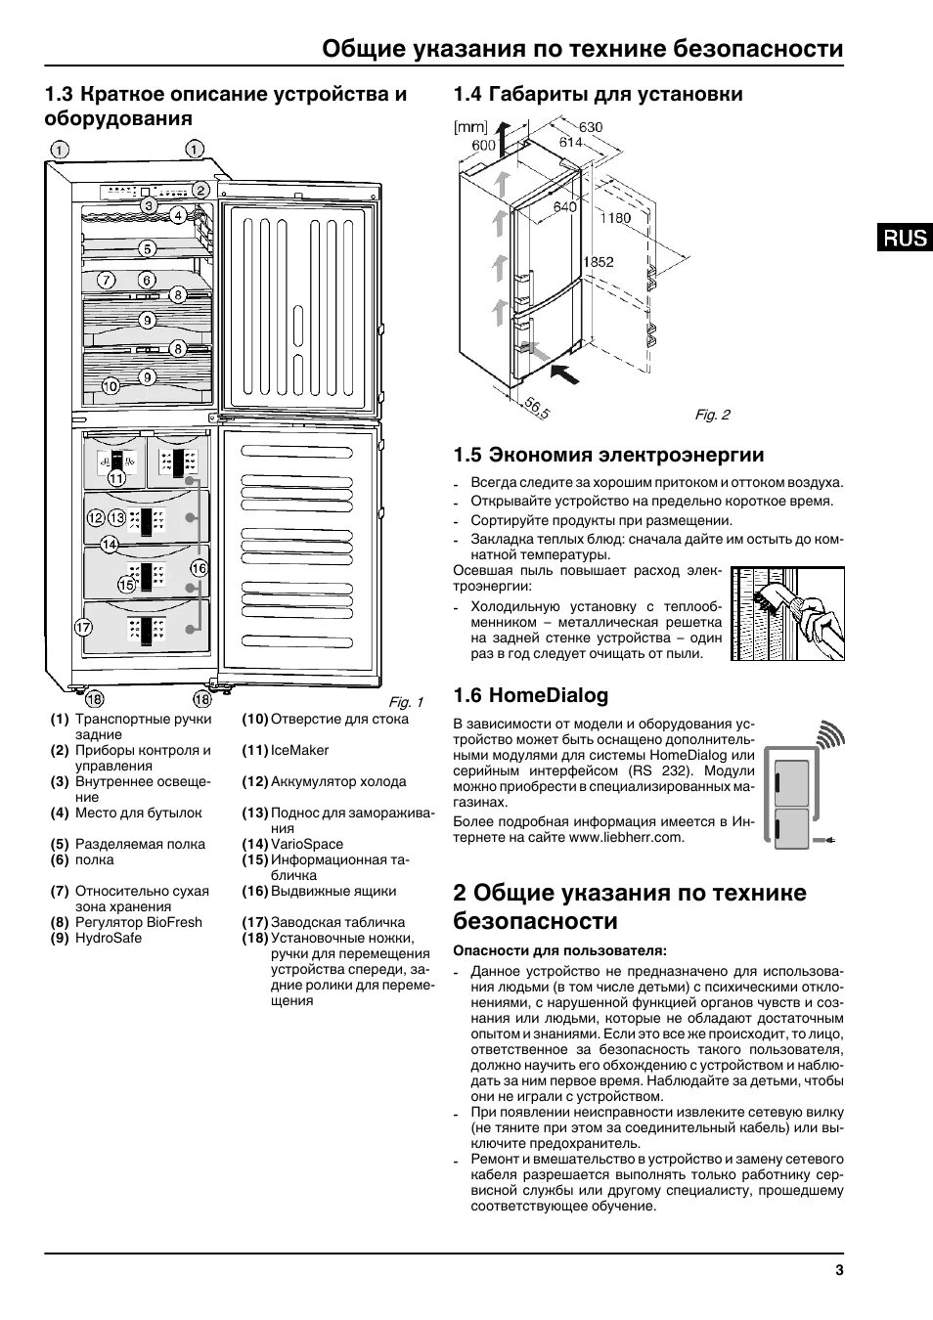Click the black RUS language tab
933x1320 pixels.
pos(904,237)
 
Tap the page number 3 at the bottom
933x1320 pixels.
pos(838,1270)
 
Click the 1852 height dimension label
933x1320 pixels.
pos(598,262)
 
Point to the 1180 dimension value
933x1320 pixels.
pos(615,218)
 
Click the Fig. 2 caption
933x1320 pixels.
pos(712,415)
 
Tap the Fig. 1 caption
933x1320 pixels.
pos(406,702)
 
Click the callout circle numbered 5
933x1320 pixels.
pos(147,248)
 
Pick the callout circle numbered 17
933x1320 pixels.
pos(83,627)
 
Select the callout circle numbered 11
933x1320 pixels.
pos(117,478)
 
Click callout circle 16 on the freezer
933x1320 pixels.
pos(199,567)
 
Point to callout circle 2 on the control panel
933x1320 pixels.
pos(200,191)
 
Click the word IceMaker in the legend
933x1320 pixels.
pos(299,750)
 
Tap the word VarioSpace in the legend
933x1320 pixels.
pos(307,844)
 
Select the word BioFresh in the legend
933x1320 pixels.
pos(175,922)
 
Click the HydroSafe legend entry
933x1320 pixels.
pos(109,938)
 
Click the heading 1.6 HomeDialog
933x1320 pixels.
pos(530,695)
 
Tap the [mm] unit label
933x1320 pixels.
pos(469,127)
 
